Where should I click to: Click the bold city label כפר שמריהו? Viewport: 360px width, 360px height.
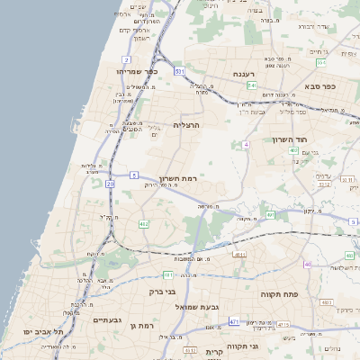coord(137,70)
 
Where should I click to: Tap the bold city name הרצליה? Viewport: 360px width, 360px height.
coord(184,125)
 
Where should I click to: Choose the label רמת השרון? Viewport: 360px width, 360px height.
coord(177,178)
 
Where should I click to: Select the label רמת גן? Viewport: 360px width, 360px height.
coord(167,325)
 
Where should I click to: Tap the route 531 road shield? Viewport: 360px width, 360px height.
coord(180,70)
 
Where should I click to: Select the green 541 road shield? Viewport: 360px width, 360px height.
coord(251,86)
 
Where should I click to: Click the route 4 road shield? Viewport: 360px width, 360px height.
coord(246,144)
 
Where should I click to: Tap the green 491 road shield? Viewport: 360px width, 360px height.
coord(270,216)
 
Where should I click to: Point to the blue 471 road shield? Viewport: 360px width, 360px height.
coord(234,321)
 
